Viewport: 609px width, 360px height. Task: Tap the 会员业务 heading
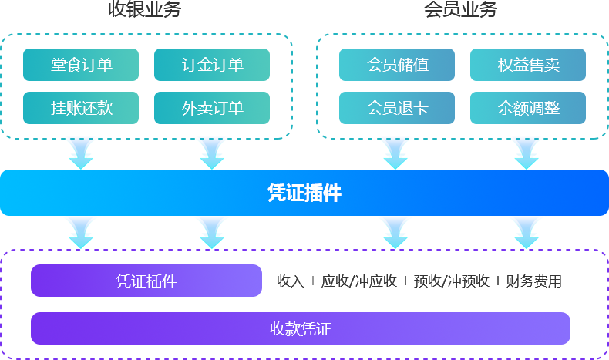pos(460,9)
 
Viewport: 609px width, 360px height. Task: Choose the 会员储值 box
pos(396,65)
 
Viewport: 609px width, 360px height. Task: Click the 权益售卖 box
pos(527,65)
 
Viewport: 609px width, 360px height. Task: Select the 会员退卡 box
pos(396,108)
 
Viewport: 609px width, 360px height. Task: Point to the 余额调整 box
pos(527,108)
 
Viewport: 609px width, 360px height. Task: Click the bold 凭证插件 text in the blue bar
pos(304,193)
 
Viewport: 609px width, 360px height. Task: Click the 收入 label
pos(291,281)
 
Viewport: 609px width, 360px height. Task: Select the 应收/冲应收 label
pos(359,281)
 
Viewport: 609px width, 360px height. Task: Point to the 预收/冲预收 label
pos(452,281)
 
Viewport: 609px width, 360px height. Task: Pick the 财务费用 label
pos(533,281)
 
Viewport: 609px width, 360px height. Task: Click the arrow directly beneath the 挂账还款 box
pos(81,153)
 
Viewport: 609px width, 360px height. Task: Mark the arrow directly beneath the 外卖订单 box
pos(212,153)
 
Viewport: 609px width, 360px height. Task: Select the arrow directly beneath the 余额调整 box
pos(527,153)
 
